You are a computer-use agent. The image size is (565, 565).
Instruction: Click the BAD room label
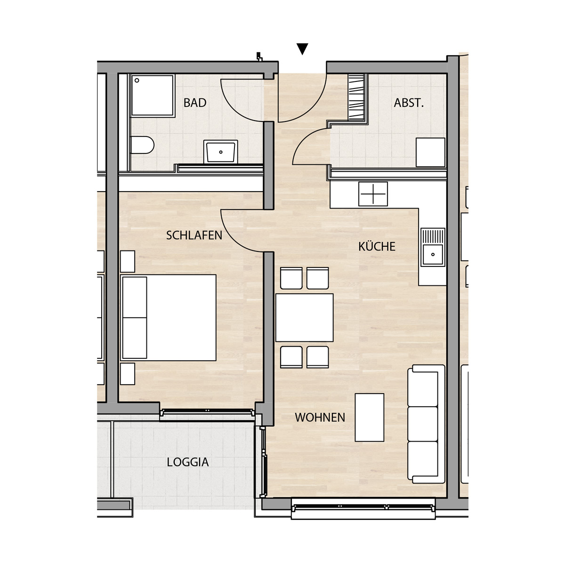194,103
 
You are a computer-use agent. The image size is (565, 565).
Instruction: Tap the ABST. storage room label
409,103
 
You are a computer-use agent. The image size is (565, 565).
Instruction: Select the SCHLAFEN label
194,235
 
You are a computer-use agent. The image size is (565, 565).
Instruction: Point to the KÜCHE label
377,246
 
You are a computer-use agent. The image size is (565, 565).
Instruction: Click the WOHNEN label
320,418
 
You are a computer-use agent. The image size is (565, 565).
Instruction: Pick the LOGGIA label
188,462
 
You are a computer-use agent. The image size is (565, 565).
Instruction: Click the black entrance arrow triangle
302,48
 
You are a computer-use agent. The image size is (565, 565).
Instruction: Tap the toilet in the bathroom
142,145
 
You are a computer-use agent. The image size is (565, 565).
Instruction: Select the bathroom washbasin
221,151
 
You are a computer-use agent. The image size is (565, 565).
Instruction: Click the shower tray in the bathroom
153,96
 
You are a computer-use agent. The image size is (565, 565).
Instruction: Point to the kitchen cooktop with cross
373,194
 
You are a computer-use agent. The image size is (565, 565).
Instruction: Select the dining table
304,317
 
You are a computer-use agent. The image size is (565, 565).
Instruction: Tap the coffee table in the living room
370,418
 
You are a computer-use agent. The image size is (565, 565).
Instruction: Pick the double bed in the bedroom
169,317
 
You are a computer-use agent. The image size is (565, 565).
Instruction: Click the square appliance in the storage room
430,152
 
